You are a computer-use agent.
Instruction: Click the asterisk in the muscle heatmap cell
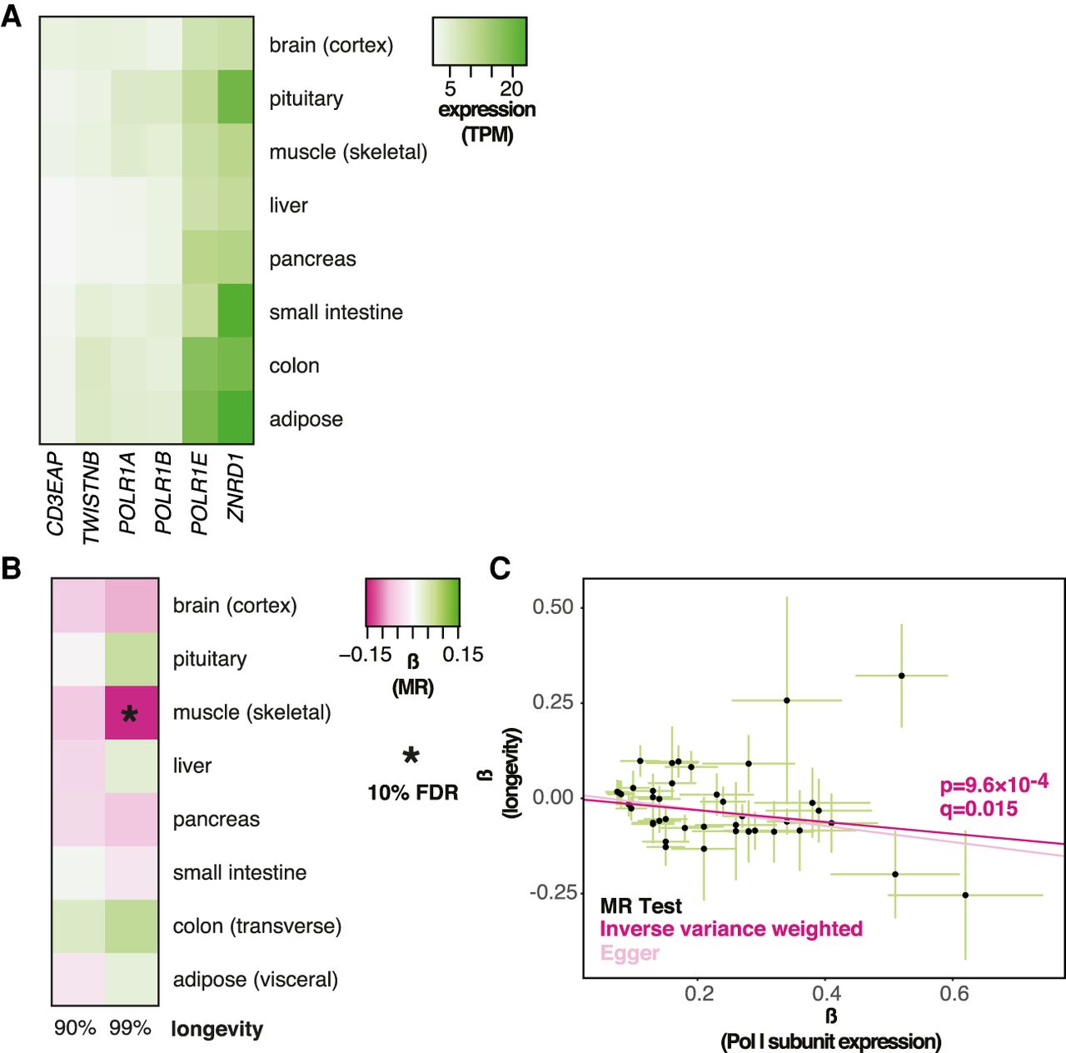130,714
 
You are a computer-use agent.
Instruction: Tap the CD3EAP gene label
55,494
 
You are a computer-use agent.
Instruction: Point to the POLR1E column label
199,494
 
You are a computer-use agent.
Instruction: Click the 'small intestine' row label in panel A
336,312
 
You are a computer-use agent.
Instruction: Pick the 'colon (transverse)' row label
257,926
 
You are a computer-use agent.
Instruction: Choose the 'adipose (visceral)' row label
255,979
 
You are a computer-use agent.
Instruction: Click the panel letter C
500,568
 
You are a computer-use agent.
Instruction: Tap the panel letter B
12,568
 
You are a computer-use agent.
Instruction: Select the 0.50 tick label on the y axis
553,607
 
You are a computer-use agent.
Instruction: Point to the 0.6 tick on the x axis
954,993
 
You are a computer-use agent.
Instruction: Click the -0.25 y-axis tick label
553,892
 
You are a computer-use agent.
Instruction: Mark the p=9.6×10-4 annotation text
994,784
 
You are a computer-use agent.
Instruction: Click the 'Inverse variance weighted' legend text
730,929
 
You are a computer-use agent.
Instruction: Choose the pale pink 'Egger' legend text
630,953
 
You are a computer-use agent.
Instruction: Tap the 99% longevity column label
130,1028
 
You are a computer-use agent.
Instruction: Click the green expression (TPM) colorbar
480,42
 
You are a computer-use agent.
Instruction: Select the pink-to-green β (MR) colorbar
412,602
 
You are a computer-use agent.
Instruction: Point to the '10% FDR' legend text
412,792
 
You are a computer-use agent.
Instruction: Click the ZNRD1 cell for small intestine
236,312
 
